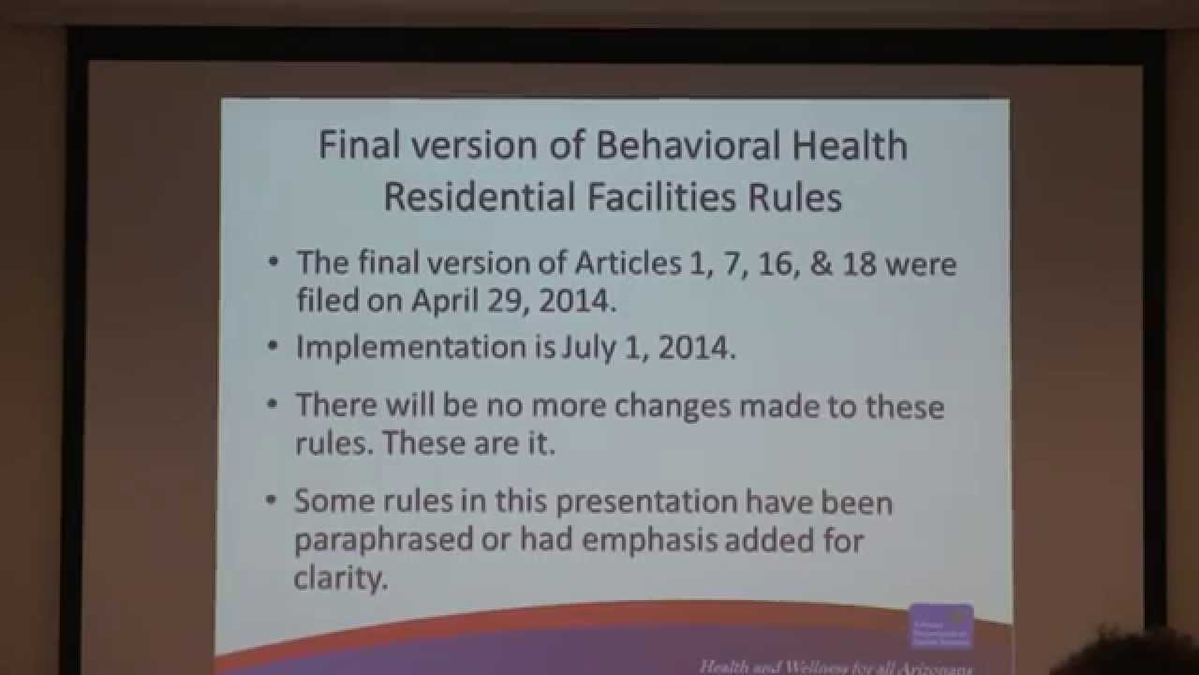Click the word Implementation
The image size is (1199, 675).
411,347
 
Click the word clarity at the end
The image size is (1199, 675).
340,577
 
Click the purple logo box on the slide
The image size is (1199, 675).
940,626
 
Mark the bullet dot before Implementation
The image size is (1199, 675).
272,346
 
